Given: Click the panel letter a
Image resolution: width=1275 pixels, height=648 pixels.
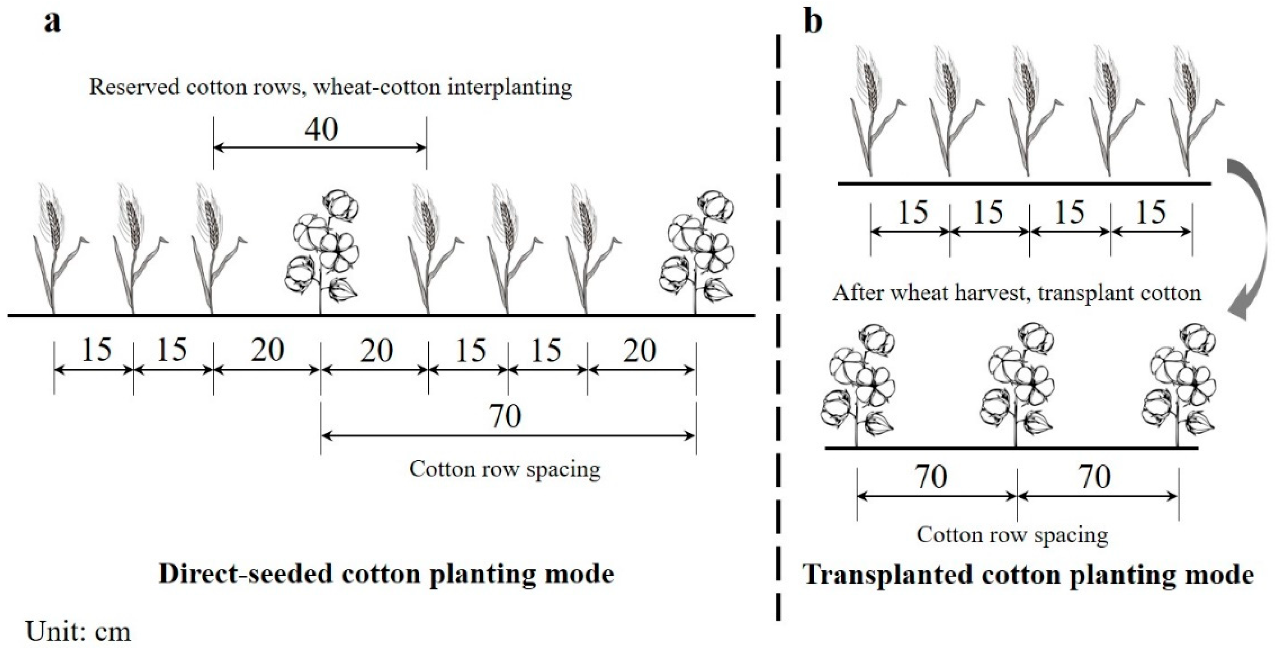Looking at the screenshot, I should (x=53, y=22).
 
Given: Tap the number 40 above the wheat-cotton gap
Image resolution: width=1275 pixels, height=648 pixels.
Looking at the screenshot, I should (x=321, y=129).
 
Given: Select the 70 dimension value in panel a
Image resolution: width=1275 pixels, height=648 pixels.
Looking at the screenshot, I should (x=505, y=416).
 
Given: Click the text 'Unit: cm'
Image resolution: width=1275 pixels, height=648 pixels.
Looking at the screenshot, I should (x=78, y=632).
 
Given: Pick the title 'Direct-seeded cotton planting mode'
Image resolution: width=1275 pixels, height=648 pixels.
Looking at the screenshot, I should (x=386, y=574).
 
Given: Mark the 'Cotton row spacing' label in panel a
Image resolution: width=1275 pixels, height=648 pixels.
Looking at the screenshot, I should (x=505, y=469).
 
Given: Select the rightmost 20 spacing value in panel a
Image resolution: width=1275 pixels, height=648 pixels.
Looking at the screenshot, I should (x=641, y=350).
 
